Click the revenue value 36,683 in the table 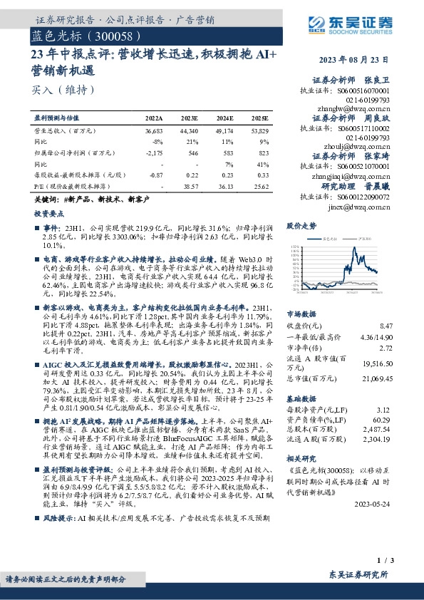tap(153, 131)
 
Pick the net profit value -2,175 tap(154, 153)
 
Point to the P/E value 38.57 tap(192, 185)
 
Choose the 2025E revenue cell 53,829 tap(259, 131)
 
